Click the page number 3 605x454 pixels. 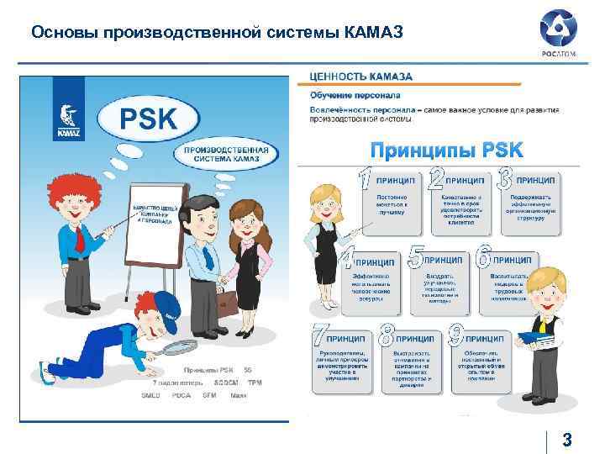click(x=567, y=439)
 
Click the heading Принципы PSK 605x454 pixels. click(x=447, y=150)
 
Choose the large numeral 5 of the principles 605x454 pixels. click(x=414, y=259)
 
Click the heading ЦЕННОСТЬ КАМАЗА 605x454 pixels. click(x=361, y=77)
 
